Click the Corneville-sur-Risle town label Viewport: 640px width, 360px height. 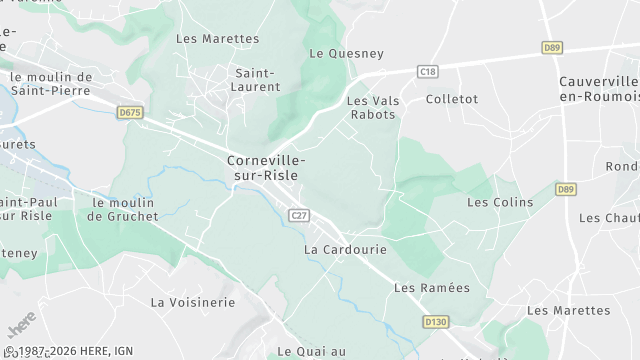tap(266, 167)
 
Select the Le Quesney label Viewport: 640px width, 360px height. tap(335, 54)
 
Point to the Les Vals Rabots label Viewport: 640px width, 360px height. tap(371, 108)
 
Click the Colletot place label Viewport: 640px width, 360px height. tap(452, 99)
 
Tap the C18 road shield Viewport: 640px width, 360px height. tap(428, 71)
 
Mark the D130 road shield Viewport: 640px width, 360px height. tap(434, 322)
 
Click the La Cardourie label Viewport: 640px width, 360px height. tap(338, 249)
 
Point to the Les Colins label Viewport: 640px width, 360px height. tap(500, 202)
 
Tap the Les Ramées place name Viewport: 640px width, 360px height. tap(431, 288)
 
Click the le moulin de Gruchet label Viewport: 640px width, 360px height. tap(124, 209)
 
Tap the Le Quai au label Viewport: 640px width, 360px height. tap(312, 351)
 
